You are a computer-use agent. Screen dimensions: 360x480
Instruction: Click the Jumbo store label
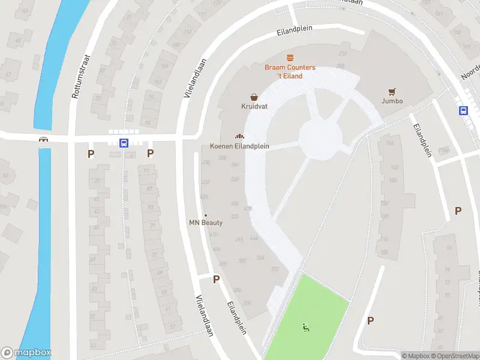392,101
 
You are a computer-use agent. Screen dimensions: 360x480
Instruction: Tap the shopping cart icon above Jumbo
392,92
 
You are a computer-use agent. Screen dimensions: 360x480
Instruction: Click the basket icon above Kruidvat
254,97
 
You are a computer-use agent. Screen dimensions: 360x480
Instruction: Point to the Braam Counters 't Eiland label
290,71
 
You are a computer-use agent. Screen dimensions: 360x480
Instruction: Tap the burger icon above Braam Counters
290,58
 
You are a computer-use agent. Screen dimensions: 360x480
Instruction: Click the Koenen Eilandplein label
239,146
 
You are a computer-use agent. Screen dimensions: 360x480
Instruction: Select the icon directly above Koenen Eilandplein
239,137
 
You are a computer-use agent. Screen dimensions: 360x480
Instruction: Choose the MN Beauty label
206,223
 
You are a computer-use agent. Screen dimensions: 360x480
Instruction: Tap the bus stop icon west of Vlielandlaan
124,143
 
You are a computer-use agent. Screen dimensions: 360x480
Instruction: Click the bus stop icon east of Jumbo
463,110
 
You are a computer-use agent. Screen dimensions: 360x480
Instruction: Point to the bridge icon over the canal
43,139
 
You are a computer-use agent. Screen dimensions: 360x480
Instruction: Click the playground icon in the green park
307,328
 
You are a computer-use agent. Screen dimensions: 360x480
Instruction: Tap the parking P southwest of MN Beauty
216,279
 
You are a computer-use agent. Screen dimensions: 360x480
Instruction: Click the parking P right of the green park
370,320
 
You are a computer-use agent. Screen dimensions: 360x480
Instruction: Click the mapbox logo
26,353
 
